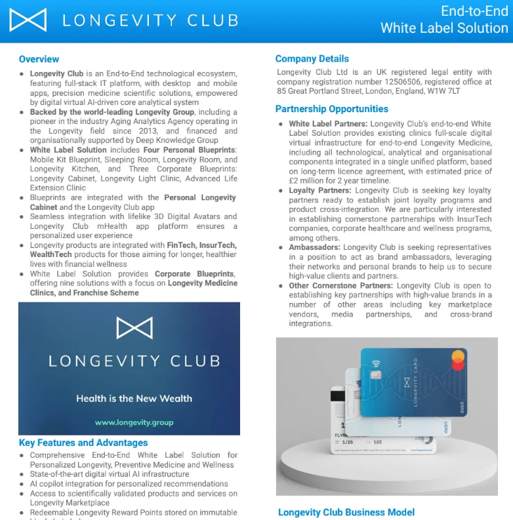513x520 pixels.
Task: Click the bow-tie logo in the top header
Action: click(x=28, y=20)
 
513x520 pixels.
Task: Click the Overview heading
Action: click(x=39, y=59)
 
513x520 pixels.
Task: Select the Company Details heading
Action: click(x=312, y=58)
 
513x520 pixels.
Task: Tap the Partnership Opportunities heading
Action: click(x=332, y=109)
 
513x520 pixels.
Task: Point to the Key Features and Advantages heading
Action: click(x=83, y=443)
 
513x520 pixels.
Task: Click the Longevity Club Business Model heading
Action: click(x=346, y=512)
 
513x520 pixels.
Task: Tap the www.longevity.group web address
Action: click(x=134, y=423)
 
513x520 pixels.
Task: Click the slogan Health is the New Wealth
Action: click(x=134, y=398)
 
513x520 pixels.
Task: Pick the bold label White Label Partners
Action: click(x=328, y=124)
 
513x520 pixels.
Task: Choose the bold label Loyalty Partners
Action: click(x=320, y=191)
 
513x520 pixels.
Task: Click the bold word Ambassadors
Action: click(x=314, y=248)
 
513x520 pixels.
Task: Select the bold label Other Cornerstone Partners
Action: click(x=341, y=286)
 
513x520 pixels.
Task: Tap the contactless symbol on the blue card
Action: click(x=376, y=363)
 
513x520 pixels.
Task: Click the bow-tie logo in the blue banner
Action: click(x=134, y=328)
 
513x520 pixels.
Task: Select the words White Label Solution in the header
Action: click(x=444, y=28)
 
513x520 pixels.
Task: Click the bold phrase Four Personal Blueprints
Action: click(x=180, y=150)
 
